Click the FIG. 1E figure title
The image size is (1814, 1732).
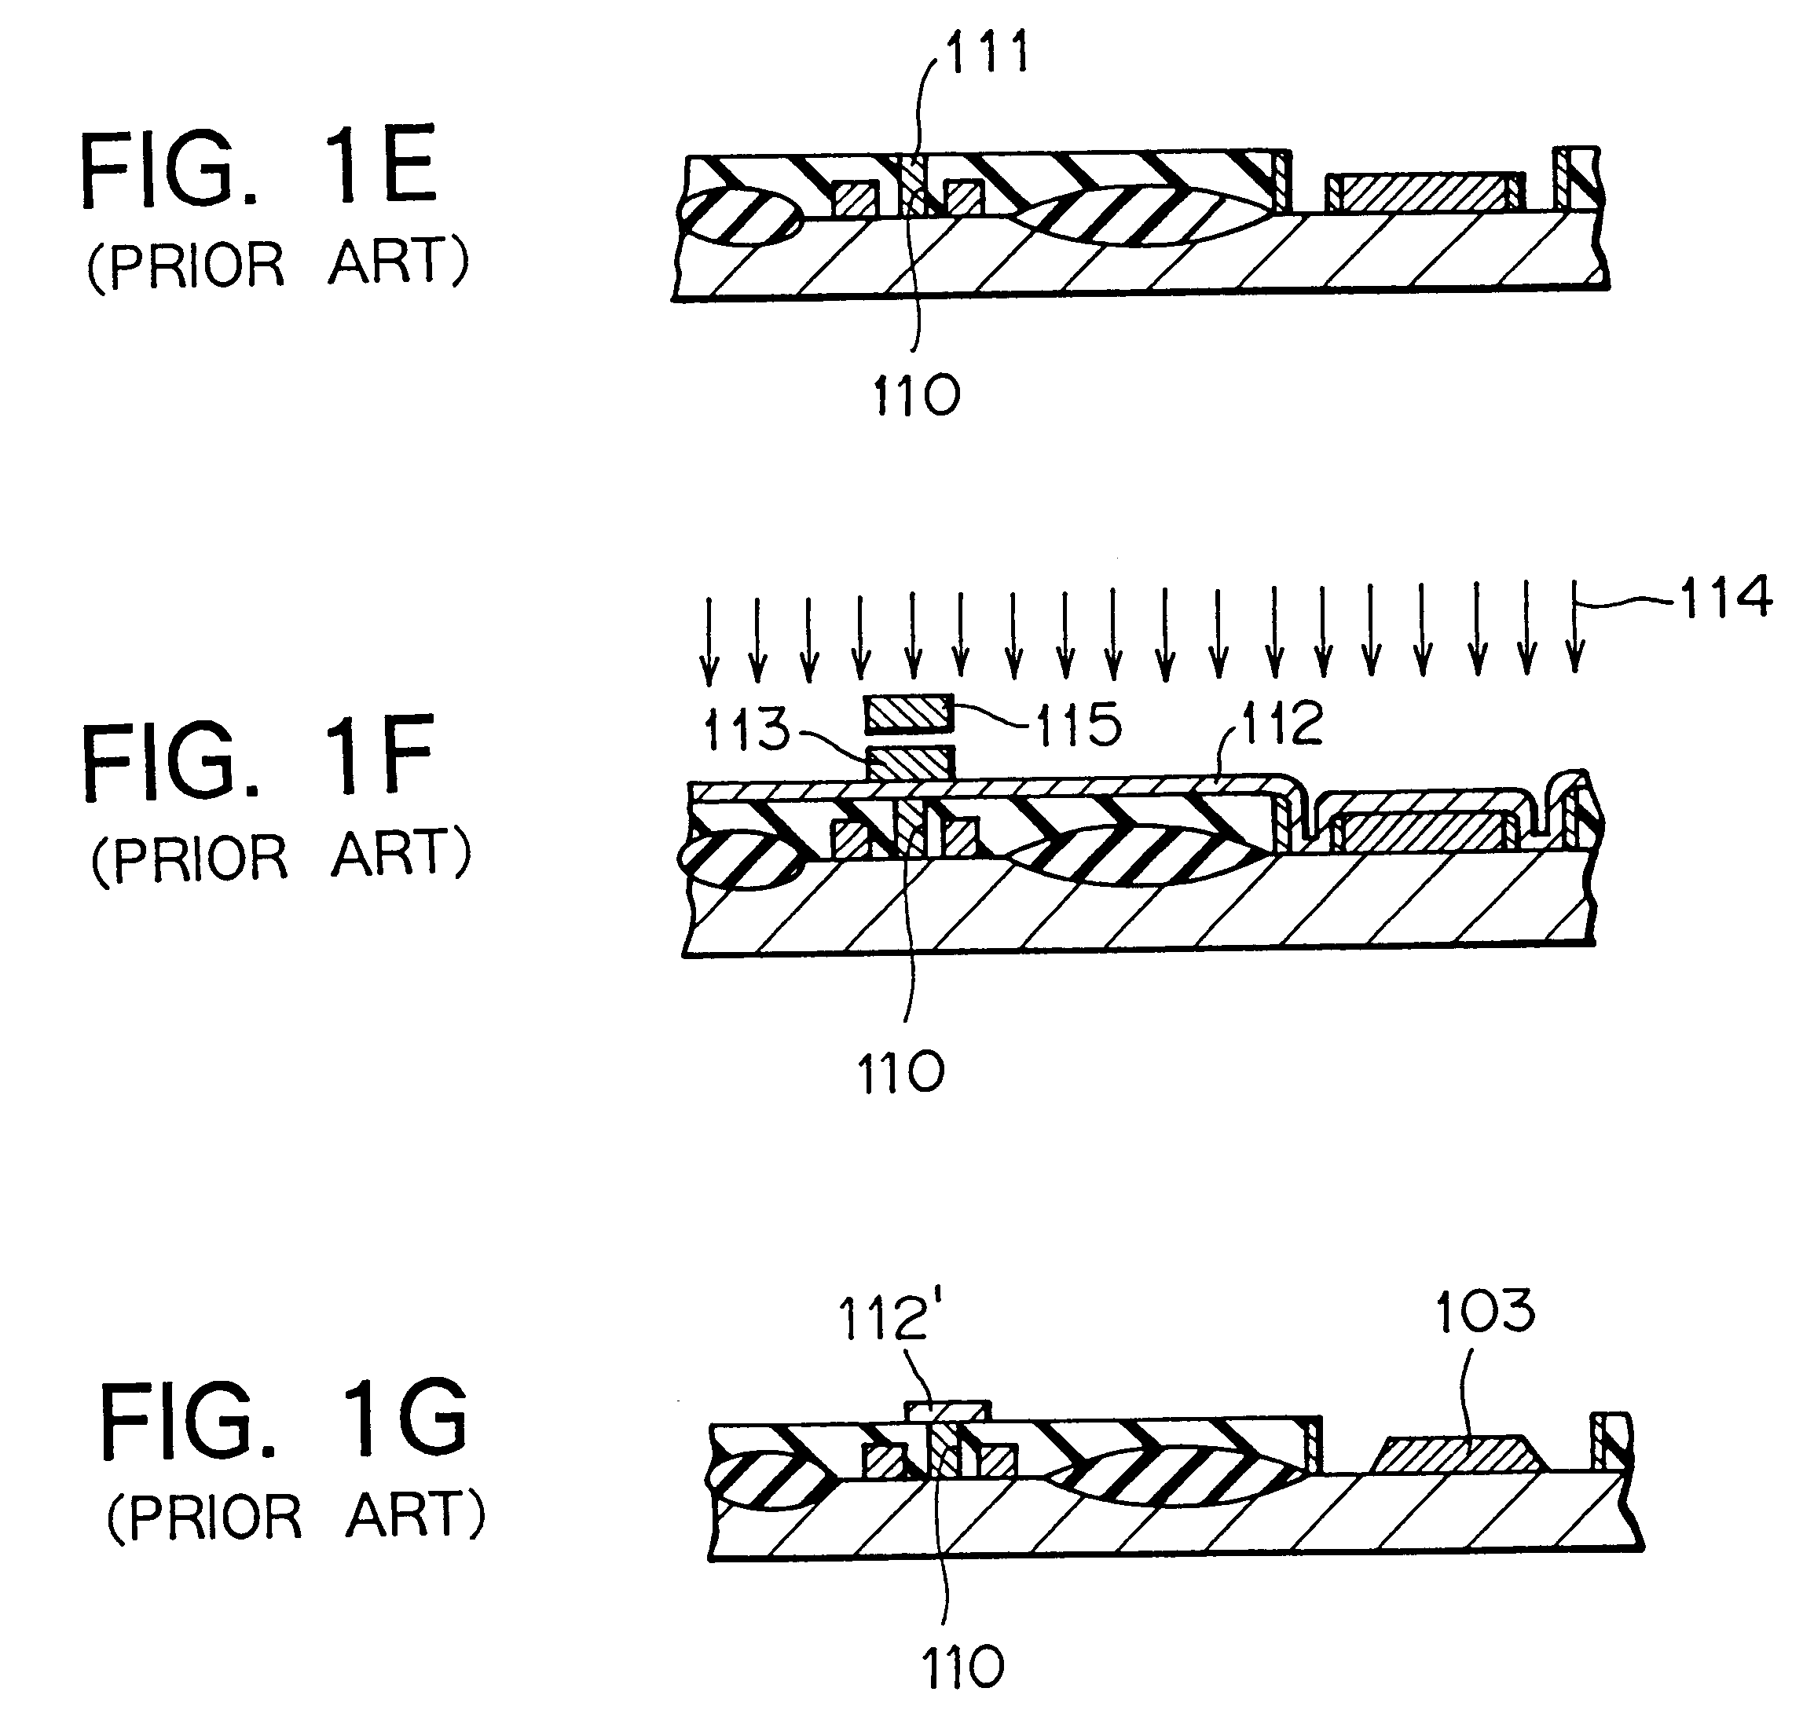[258, 168]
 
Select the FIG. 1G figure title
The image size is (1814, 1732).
[284, 1422]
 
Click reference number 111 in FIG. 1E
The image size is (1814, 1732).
[987, 53]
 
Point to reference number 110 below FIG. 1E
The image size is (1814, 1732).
[917, 397]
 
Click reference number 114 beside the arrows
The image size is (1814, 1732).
[1725, 597]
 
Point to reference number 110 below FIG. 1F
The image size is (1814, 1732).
[901, 1075]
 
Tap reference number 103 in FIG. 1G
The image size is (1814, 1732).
[1486, 1312]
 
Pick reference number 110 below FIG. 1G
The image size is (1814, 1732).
[963, 1668]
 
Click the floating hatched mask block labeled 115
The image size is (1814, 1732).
[907, 712]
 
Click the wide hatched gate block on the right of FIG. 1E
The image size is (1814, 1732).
[1424, 193]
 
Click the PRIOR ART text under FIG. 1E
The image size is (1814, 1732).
[278, 265]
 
